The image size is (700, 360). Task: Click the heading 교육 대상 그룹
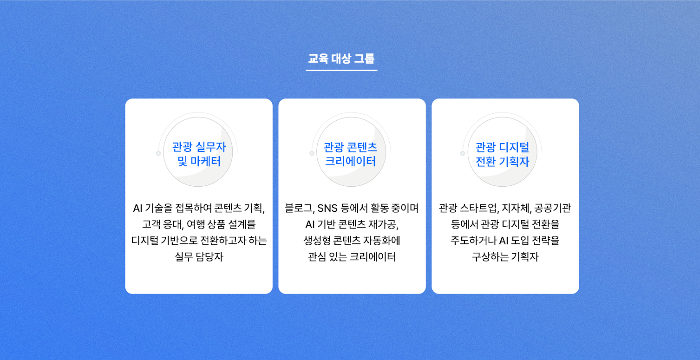tap(341, 59)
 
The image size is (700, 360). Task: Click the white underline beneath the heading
tap(341, 70)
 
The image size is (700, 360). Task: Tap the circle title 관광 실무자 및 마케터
tap(199, 154)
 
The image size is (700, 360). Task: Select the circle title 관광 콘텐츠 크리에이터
tap(350, 154)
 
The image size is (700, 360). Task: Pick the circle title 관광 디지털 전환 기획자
tap(502, 154)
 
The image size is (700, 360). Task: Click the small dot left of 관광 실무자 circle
tap(158, 153)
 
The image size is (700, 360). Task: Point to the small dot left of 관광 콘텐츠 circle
tap(312, 153)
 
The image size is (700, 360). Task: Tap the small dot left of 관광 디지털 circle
tap(463, 153)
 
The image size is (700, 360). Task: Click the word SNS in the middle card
tap(327, 208)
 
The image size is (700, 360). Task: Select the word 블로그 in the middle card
tap(300, 208)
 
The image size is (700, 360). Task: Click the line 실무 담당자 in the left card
tap(199, 257)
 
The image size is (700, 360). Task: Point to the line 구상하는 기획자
tap(505, 257)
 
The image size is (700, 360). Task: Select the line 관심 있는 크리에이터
tap(352, 257)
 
